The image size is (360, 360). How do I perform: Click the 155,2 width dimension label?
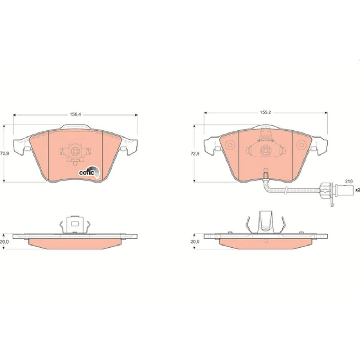[x=266, y=112]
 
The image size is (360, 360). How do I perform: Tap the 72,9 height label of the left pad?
[x=5, y=153]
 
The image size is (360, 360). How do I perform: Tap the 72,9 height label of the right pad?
[x=195, y=153]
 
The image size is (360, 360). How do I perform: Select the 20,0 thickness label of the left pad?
[x=5, y=242]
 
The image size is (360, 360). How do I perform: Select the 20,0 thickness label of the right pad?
[x=195, y=242]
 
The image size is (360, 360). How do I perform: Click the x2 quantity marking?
[x=357, y=190]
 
